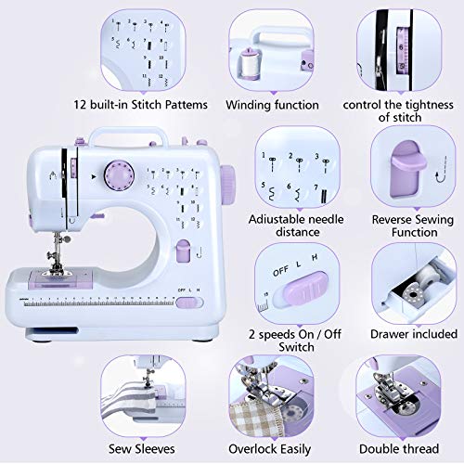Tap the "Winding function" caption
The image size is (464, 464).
click(x=285, y=105)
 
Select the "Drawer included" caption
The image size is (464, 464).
click(x=414, y=333)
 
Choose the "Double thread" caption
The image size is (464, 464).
click(x=405, y=449)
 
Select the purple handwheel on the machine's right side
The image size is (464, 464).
click(x=226, y=178)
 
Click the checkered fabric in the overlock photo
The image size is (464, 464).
click(x=255, y=412)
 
